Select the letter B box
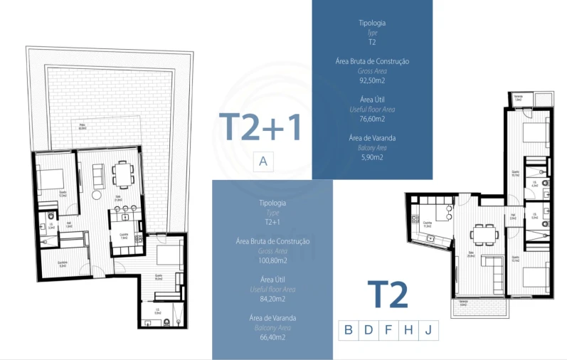click(x=348, y=329)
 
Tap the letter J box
click(x=428, y=329)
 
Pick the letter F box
click(x=388, y=329)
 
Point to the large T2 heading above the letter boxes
click(x=388, y=295)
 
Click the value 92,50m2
click(x=371, y=80)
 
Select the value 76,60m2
click(x=371, y=119)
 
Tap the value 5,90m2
click(x=371, y=157)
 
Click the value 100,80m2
click(x=272, y=260)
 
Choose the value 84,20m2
click(x=272, y=299)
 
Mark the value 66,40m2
click(x=272, y=337)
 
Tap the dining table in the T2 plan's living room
click(x=484, y=233)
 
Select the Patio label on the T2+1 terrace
click(x=83, y=127)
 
